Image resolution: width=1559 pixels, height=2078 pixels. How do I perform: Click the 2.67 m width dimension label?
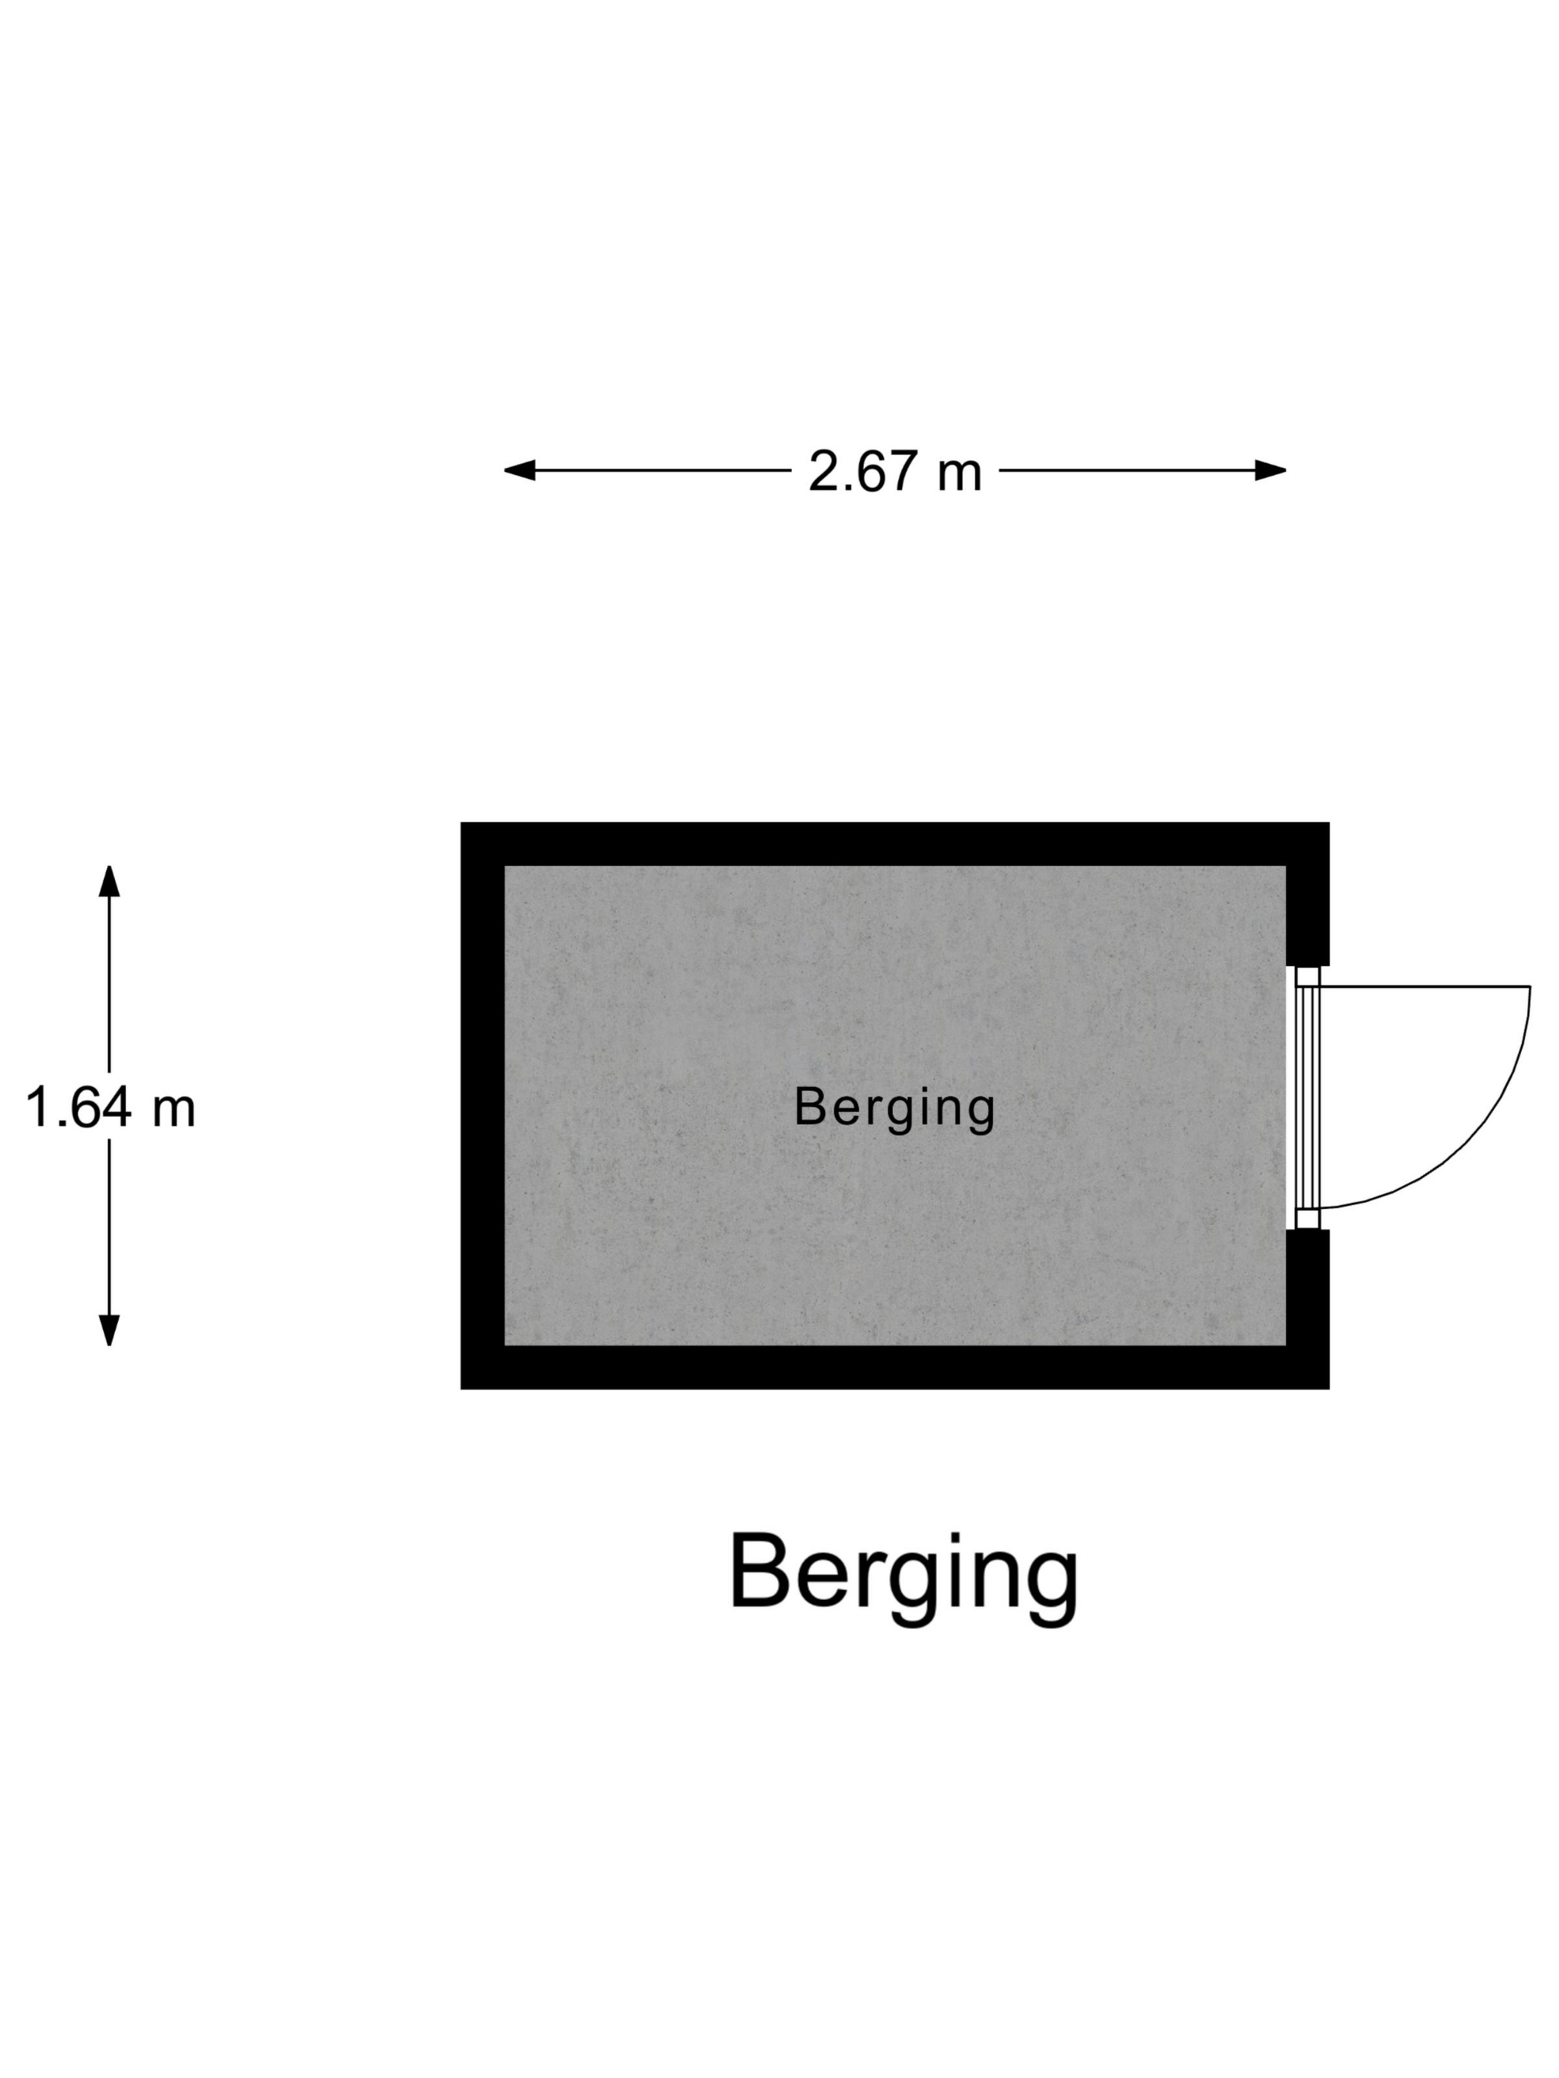click(894, 471)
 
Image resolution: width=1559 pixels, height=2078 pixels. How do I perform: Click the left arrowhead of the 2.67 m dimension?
click(520, 470)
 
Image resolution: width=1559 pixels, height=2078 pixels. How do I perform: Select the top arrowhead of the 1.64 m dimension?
click(109, 881)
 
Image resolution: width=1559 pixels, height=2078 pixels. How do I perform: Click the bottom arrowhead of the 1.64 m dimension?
click(109, 1329)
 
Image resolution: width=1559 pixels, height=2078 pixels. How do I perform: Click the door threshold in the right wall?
click(1306, 1097)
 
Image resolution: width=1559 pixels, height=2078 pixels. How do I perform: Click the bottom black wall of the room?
click(893, 1367)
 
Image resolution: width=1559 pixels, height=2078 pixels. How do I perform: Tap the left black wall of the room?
click(482, 1105)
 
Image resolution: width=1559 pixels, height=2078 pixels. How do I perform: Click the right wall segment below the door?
click(1307, 1287)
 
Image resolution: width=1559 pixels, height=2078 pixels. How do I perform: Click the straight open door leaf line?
click(1424, 986)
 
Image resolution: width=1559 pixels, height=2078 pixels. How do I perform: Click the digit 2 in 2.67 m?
click(824, 471)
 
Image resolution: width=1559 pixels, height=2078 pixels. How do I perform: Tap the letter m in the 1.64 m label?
click(173, 1109)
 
